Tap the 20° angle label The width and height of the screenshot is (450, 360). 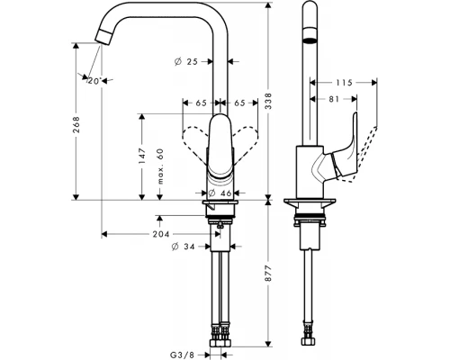point(94,81)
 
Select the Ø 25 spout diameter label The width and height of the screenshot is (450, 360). point(186,61)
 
